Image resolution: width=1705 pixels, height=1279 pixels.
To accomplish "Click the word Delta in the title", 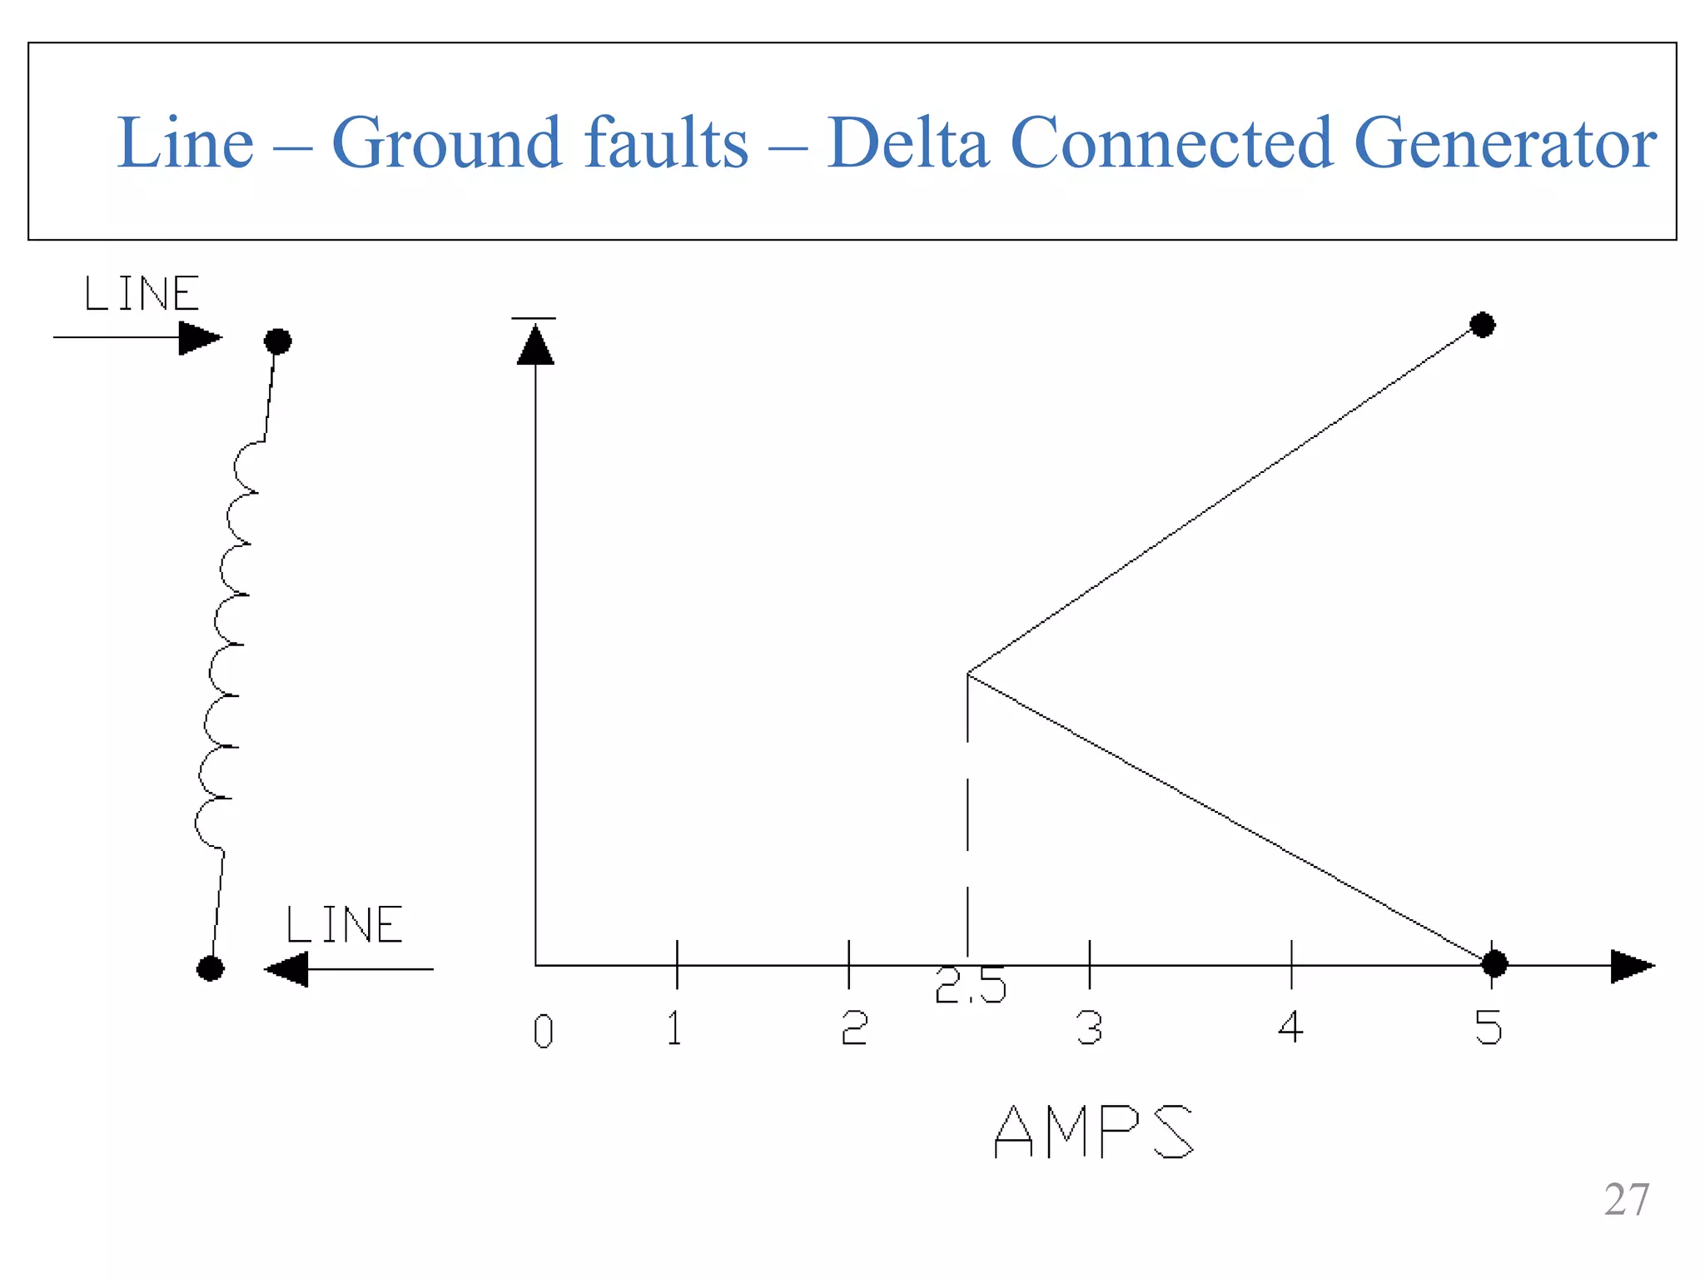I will (907, 143).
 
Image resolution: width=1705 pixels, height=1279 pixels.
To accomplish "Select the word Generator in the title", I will (1505, 143).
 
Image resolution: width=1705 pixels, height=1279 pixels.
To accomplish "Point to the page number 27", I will (1626, 1200).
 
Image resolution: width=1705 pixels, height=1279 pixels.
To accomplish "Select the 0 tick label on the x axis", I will (543, 1032).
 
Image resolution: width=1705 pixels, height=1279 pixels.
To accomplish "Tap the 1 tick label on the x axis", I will (675, 1028).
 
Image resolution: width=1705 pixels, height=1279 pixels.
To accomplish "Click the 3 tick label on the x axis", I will (1089, 1028).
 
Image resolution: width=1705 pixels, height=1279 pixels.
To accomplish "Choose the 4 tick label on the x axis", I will (1290, 1028).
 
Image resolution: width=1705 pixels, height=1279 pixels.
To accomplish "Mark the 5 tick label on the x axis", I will (1489, 1028).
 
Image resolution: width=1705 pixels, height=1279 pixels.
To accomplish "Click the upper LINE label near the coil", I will (142, 294).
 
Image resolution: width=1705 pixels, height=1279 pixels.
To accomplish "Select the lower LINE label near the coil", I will (345, 925).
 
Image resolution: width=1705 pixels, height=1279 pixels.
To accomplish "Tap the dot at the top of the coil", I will (277, 341).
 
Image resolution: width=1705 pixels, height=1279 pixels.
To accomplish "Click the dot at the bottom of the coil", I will (210, 968).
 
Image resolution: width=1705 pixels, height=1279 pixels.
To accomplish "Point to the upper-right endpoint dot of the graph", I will (1482, 325).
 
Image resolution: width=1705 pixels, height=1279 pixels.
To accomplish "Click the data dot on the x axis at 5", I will (1494, 964).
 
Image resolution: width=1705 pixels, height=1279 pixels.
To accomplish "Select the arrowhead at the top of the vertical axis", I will (535, 345).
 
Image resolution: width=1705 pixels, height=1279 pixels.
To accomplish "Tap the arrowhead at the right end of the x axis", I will (1631, 966).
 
